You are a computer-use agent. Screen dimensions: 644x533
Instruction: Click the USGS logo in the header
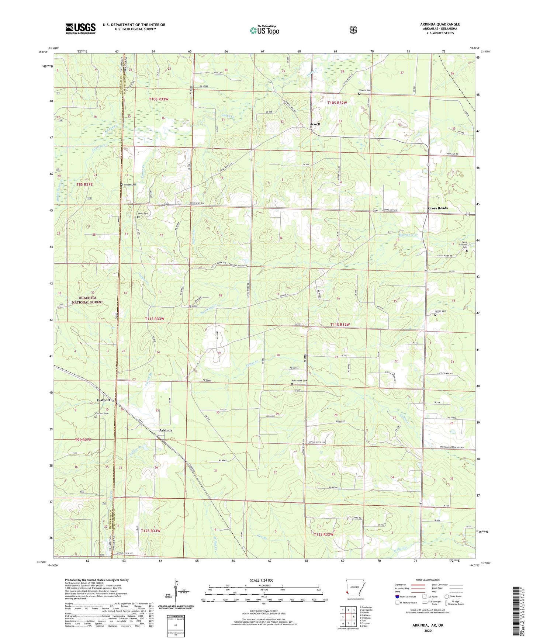(x=80, y=28)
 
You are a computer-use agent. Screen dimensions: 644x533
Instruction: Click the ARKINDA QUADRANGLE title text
(x=440, y=24)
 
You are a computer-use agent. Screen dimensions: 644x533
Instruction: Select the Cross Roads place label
(x=437, y=208)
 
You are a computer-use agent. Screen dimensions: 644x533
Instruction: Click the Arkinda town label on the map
(x=166, y=430)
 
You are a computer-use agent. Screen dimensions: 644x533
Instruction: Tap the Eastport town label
(x=103, y=400)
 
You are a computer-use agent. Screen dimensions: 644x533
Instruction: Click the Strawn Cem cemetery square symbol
(x=359, y=94)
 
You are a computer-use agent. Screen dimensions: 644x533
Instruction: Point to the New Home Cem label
(x=299, y=381)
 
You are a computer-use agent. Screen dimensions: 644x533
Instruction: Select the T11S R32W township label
(x=340, y=325)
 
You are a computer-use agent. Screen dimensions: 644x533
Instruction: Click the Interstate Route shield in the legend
(x=397, y=596)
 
